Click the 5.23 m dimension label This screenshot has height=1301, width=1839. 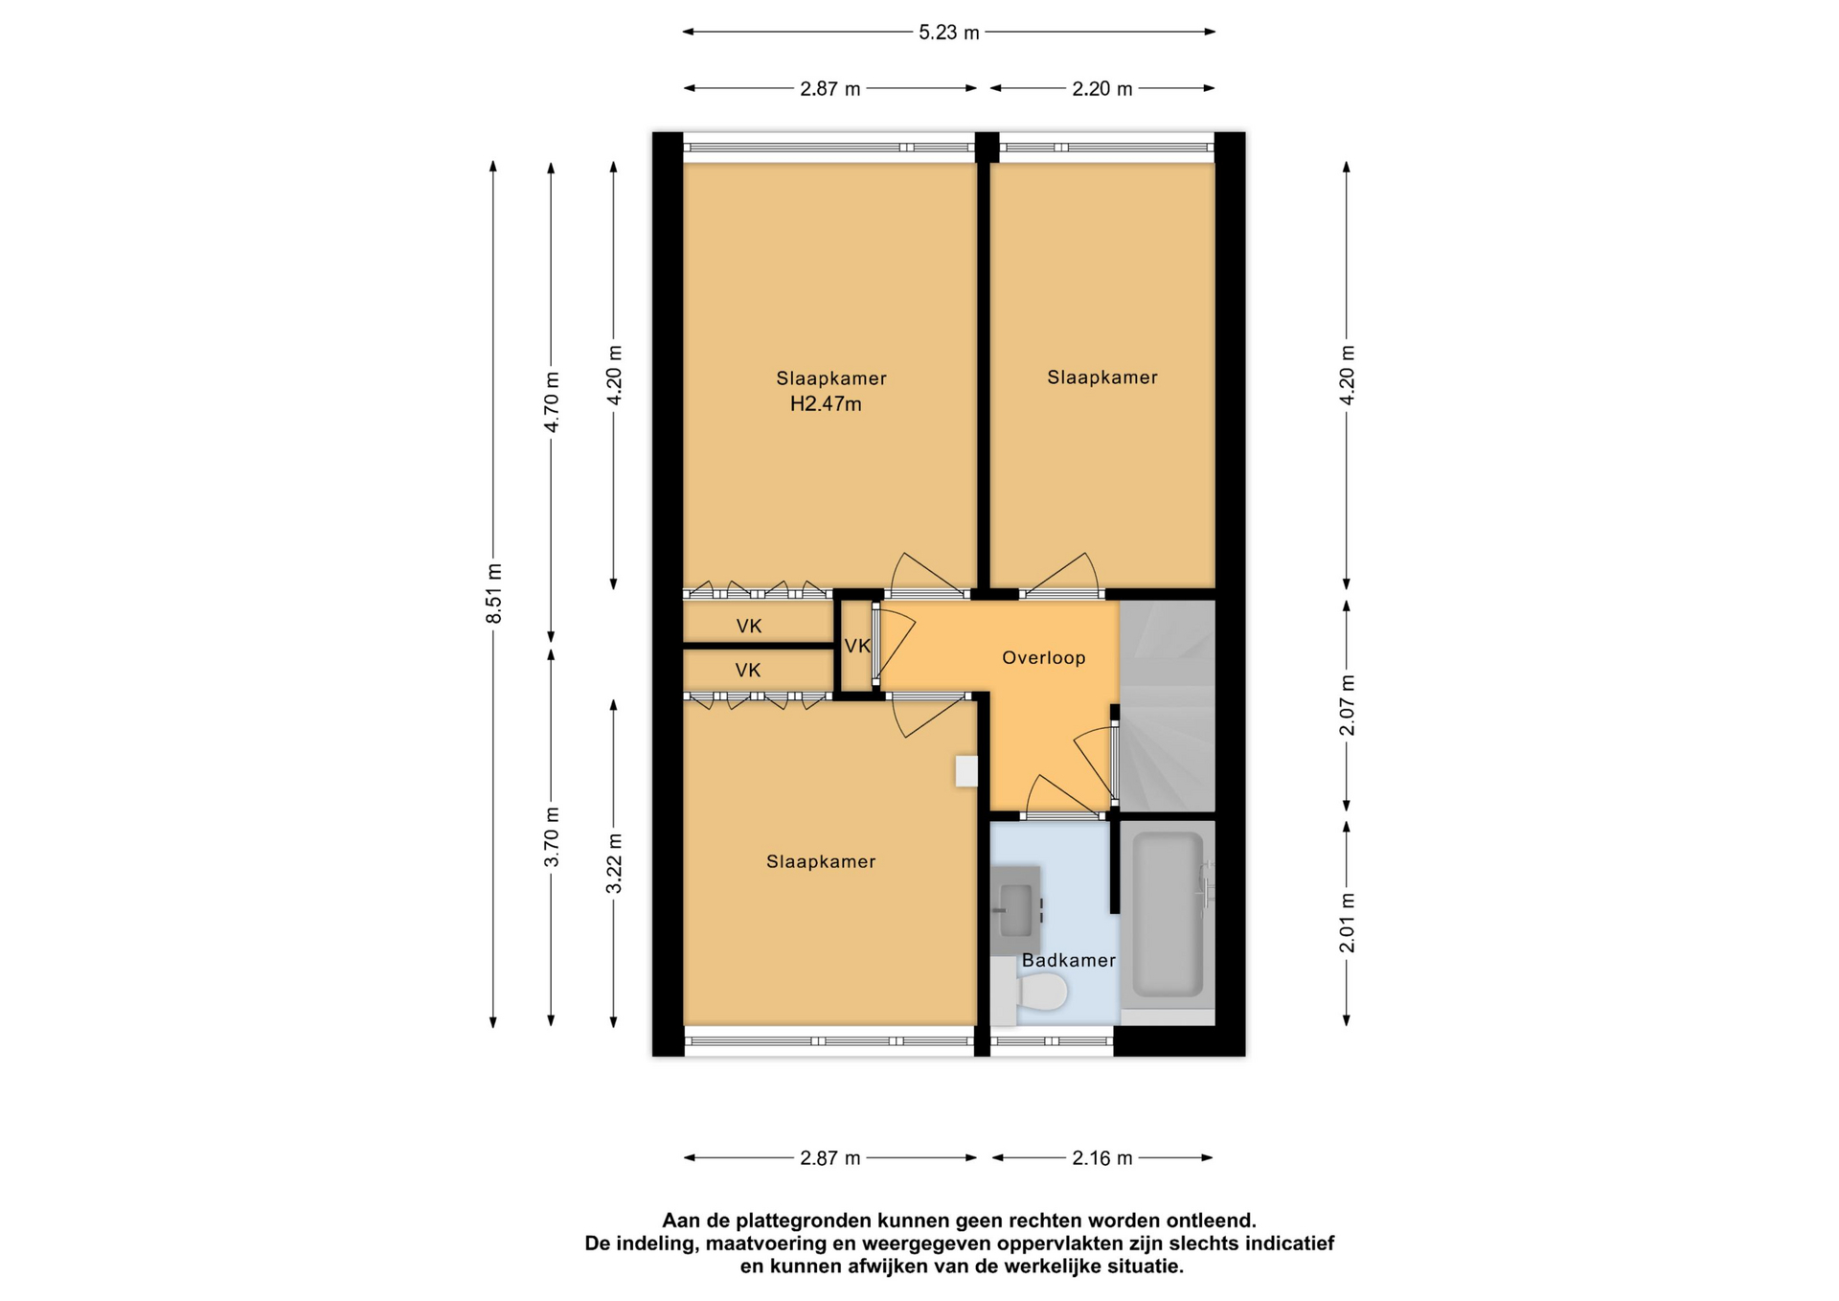948,33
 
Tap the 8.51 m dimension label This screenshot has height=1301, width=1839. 494,594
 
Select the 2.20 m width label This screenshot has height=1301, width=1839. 1101,89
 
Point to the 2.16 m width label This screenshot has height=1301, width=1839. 1101,1158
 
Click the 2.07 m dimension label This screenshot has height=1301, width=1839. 1347,706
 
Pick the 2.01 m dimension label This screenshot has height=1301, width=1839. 1347,924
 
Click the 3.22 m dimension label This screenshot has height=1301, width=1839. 614,864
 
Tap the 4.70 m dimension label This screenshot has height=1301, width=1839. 551,402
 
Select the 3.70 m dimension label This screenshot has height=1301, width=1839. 551,837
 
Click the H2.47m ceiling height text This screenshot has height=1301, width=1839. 826,404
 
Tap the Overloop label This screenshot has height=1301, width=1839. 1043,658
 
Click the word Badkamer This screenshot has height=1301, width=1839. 1068,961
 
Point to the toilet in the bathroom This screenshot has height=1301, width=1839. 1031,992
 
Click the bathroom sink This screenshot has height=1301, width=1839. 1015,910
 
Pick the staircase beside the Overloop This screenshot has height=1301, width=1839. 1167,706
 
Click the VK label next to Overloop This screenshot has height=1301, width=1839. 857,647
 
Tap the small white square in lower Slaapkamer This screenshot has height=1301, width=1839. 966,771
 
